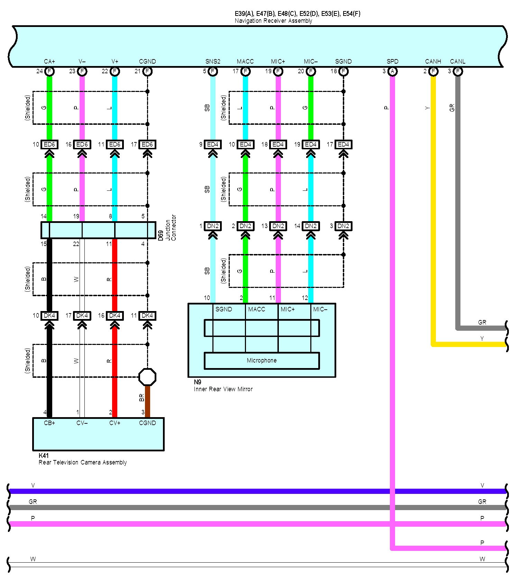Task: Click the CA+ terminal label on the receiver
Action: click(x=49, y=62)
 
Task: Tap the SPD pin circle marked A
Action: click(x=392, y=72)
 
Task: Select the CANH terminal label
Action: click(x=433, y=62)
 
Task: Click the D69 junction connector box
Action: click(x=98, y=230)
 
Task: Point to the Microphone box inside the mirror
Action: click(x=262, y=360)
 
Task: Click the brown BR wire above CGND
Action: click(x=147, y=401)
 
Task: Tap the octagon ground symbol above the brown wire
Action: click(x=147, y=377)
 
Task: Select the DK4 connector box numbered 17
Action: click(x=82, y=316)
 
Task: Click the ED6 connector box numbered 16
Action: click(x=82, y=144)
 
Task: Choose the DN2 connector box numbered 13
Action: click(x=278, y=226)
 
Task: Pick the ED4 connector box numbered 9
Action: click(x=213, y=144)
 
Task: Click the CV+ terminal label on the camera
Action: click(x=115, y=423)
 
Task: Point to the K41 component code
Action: click(x=44, y=456)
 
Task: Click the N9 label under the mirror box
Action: click(x=198, y=382)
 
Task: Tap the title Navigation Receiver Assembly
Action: click(x=273, y=21)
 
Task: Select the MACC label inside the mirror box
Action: click(x=256, y=309)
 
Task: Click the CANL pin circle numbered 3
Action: click(x=458, y=72)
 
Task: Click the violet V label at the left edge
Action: click(x=33, y=486)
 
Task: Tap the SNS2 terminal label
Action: click(x=213, y=62)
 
